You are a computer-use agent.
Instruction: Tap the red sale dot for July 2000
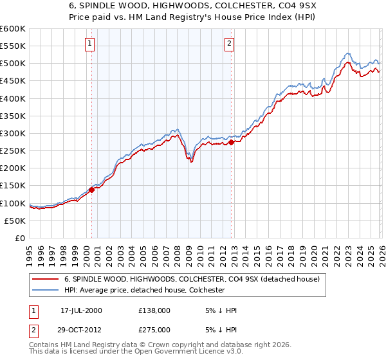pos(92,190)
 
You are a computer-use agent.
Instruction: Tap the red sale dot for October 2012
pos(232,142)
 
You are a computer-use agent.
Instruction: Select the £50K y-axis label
pos(15,221)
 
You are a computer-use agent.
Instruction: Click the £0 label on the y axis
pos(21,238)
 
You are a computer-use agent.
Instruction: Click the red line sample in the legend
pos(46,278)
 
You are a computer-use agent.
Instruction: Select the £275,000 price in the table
pos(154,329)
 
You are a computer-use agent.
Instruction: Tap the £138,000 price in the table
pos(154,310)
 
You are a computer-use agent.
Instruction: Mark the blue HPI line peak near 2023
pos(347,53)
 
